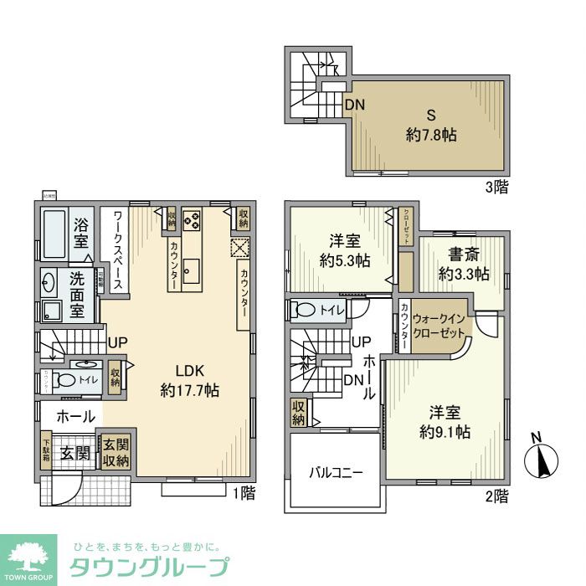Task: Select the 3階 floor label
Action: click(x=495, y=188)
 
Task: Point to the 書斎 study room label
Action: click(x=464, y=264)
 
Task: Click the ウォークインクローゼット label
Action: click(x=439, y=325)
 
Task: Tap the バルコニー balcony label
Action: click(x=336, y=472)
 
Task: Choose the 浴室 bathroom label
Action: click(x=81, y=233)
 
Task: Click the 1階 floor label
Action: click(x=244, y=493)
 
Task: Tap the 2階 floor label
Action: click(x=496, y=496)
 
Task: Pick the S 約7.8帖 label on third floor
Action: click(x=431, y=126)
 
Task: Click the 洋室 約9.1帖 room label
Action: click(x=445, y=422)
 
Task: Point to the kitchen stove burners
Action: click(x=192, y=220)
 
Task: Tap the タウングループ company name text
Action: click(x=147, y=566)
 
